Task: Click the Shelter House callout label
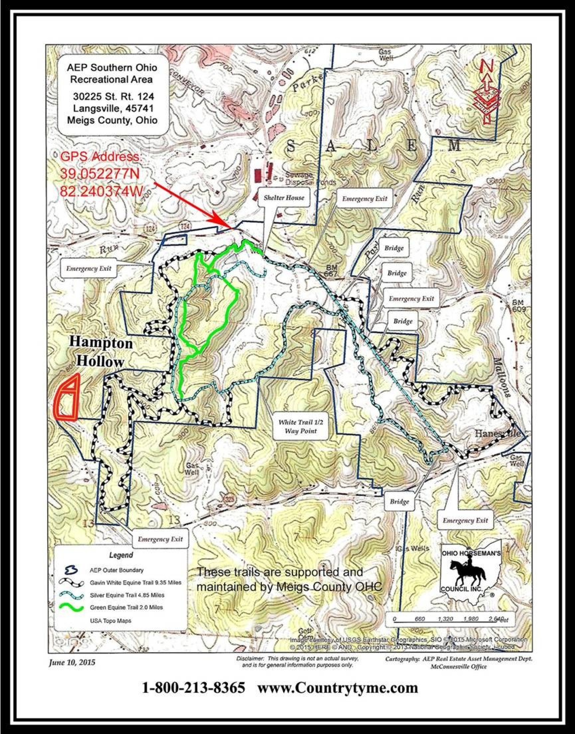283,198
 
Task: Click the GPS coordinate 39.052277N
100,174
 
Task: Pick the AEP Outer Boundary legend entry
116,570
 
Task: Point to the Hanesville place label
498,433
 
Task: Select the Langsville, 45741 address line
114,108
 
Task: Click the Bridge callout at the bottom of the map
399,502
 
